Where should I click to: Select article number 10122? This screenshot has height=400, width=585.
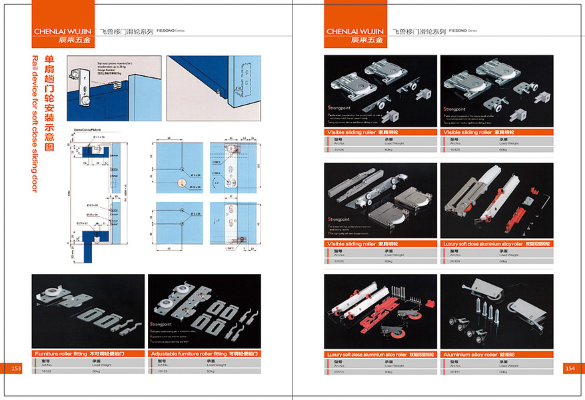pyautogui.click(x=45, y=371)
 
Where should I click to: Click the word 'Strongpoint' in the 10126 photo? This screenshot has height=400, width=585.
pyautogui.click(x=338, y=219)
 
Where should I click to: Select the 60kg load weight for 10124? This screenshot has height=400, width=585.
pyautogui.click(x=387, y=149)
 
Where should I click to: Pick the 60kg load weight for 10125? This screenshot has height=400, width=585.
pyautogui.click(x=503, y=149)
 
